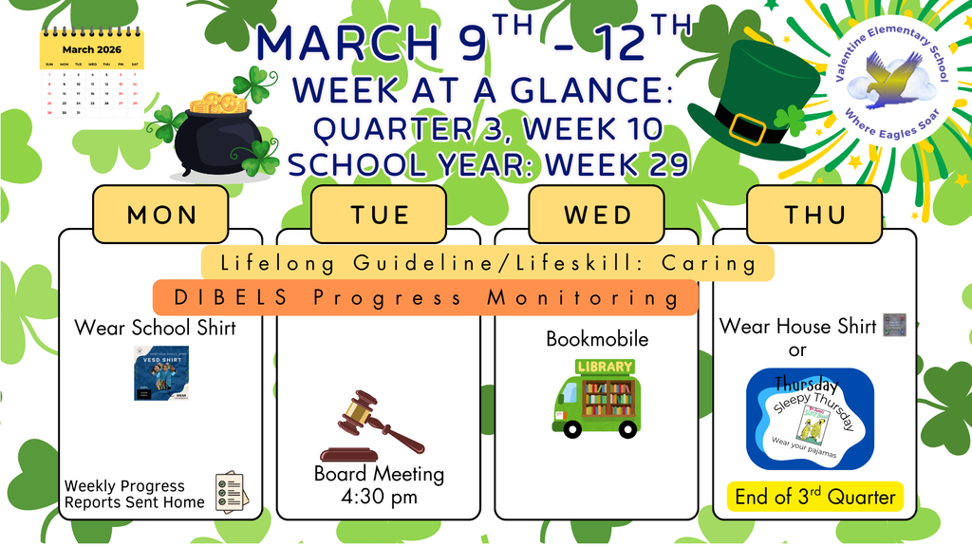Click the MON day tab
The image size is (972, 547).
[160, 214]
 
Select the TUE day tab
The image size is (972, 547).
[378, 214]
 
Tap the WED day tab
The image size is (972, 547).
[597, 214]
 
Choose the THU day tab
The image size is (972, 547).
[814, 214]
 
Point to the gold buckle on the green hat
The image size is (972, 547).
[749, 127]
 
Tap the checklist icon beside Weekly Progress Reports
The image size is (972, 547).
[231, 492]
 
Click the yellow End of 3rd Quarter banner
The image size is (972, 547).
[814, 496]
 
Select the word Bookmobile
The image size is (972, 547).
[597, 339]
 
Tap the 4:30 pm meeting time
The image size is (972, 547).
[379, 496]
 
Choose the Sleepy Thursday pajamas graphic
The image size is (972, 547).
[809, 419]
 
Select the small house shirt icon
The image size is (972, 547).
[894, 326]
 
